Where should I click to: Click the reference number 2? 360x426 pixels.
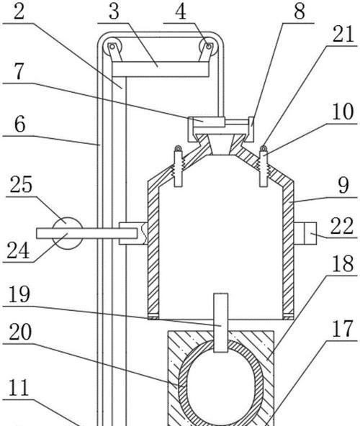(19, 12)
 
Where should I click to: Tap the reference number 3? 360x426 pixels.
(114, 12)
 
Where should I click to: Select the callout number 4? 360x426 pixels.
(181, 12)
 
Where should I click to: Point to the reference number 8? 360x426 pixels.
(300, 12)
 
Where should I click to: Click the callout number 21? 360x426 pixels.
(343, 34)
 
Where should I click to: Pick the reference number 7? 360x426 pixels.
(19, 71)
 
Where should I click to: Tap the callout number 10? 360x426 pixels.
(343, 112)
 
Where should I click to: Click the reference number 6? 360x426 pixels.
(19, 124)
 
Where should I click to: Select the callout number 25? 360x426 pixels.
(21, 184)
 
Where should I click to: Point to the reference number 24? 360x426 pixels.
(18, 250)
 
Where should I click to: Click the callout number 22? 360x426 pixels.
(342, 226)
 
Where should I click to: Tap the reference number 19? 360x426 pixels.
(19, 294)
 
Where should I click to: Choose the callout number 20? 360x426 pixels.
(20, 332)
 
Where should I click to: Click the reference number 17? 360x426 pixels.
(343, 329)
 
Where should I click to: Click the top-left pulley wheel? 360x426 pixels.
(112, 47)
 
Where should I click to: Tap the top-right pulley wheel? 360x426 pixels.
(209, 47)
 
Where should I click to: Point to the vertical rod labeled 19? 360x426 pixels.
(221, 323)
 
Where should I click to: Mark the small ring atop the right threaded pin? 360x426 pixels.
(264, 148)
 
